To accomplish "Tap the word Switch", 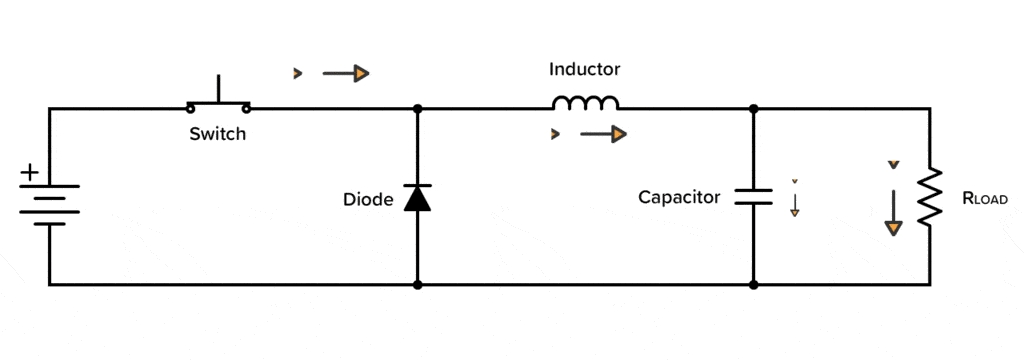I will click(x=217, y=134).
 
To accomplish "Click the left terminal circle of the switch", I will click(x=190, y=107).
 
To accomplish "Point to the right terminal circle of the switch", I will click(x=245, y=107).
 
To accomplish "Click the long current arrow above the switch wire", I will click(x=346, y=73).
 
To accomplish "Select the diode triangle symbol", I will click(x=417, y=198).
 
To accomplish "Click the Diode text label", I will click(x=367, y=198).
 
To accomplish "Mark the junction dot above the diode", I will click(x=417, y=108).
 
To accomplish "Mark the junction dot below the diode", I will click(x=417, y=285).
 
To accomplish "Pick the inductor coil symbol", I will click(x=586, y=102).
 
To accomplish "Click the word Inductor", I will click(x=585, y=70).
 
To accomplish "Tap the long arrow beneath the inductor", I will click(x=604, y=134).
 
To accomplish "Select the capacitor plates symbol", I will click(x=753, y=196).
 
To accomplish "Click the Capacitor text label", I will click(x=679, y=198).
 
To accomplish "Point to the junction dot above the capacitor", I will click(x=753, y=108).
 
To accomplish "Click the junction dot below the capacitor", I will click(x=753, y=285).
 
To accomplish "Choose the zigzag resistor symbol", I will click(x=931, y=197).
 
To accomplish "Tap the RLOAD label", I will click(x=984, y=199).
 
